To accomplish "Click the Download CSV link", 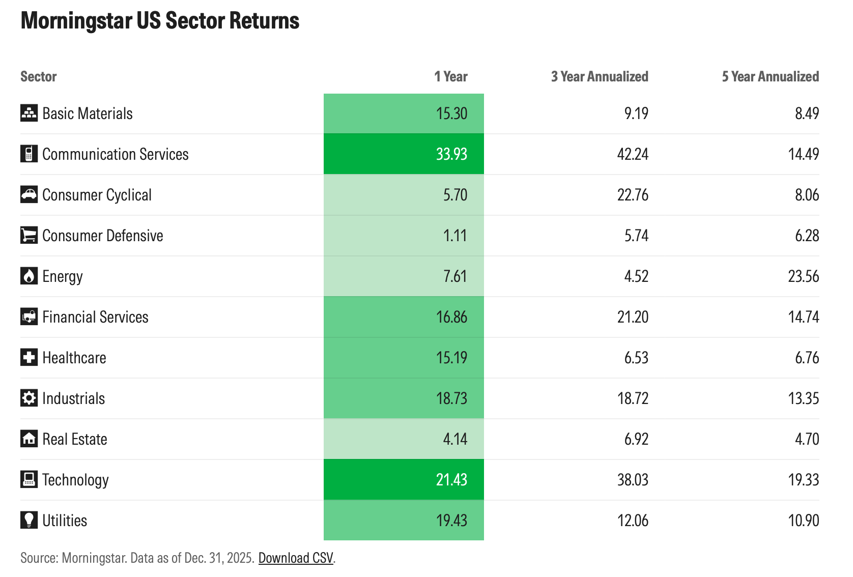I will point(296,558).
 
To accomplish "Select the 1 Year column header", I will point(450,77).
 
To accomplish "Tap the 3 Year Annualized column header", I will point(600,77).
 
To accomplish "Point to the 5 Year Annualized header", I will point(770,77).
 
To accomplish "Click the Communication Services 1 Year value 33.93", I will point(451,154).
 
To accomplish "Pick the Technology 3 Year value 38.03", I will point(633,480).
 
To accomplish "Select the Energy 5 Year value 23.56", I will point(804,276).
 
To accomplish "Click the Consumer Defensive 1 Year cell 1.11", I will point(455,236).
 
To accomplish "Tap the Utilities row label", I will point(65,521).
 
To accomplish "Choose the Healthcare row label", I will point(74,358).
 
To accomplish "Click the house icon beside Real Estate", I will point(29,439).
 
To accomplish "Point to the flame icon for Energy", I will point(29,276).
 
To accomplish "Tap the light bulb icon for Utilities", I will point(29,520).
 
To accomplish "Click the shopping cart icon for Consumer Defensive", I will point(29,235).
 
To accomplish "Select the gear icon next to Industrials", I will point(29,398).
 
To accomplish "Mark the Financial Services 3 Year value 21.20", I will point(633,317).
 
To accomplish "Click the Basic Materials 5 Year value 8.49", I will point(807,113).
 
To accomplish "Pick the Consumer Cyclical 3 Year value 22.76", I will point(633,195).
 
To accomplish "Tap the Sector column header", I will point(39,77).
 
